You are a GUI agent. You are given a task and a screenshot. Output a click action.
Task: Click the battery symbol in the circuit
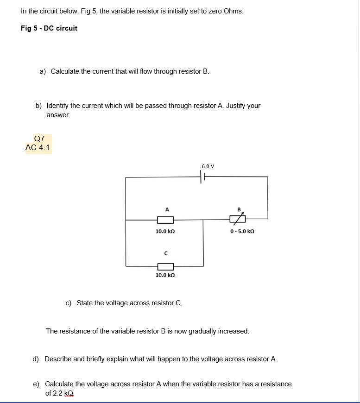pyautogui.click(x=202, y=177)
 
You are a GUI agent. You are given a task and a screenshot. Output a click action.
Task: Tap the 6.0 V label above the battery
pyautogui.click(x=208, y=166)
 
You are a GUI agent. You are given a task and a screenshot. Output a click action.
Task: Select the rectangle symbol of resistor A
pyautogui.click(x=165, y=220)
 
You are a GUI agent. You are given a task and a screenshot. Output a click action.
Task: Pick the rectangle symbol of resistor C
pyautogui.click(x=165, y=266)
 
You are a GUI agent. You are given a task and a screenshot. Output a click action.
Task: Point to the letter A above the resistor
pyautogui.click(x=165, y=208)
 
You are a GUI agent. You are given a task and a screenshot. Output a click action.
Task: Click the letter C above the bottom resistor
pyautogui.click(x=165, y=253)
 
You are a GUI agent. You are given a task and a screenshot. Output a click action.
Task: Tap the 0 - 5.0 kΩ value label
pyautogui.click(x=242, y=231)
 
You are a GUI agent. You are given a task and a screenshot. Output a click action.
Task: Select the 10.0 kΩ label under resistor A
pyautogui.click(x=165, y=231)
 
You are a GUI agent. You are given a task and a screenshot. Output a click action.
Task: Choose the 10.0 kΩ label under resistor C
pyautogui.click(x=165, y=275)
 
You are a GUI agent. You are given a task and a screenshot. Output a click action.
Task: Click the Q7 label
pyautogui.click(x=39, y=139)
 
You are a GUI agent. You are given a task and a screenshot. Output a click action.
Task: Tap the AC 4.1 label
pyautogui.click(x=38, y=148)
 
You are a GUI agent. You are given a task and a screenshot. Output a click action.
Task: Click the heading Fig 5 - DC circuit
pyautogui.click(x=49, y=28)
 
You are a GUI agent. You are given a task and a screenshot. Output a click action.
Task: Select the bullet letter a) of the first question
pyautogui.click(x=43, y=71)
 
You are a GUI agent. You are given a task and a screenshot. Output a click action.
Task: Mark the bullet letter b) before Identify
pyautogui.click(x=39, y=106)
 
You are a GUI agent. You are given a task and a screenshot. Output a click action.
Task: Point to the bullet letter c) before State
pyautogui.click(x=69, y=303)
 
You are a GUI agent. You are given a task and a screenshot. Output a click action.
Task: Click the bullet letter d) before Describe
pyautogui.click(x=36, y=359)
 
